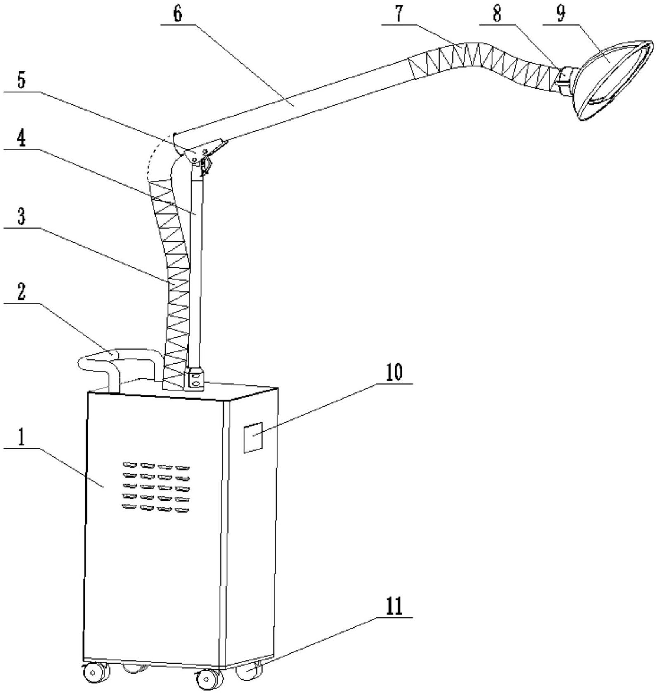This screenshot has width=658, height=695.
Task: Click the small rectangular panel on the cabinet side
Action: click(x=253, y=437)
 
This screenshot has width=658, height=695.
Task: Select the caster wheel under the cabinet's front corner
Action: click(x=206, y=678)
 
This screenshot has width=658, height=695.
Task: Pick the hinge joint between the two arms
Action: click(x=198, y=153)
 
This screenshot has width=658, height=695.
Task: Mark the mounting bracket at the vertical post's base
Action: click(x=195, y=379)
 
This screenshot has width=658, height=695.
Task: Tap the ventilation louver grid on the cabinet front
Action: click(x=156, y=487)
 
